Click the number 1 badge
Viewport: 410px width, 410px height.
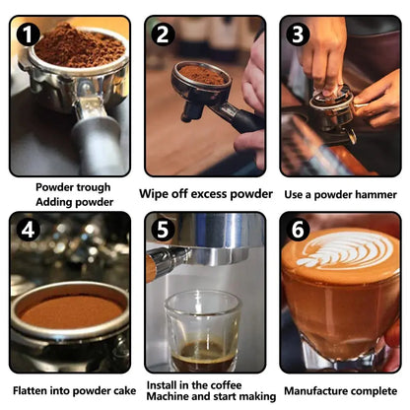[29, 34]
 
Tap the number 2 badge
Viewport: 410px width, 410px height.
[164, 34]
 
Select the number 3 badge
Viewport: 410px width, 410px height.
[298, 34]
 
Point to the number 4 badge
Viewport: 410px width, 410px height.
[29, 230]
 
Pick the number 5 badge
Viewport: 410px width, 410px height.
[164, 230]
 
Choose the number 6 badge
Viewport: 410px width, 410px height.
[298, 230]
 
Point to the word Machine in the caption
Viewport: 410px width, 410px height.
[168, 396]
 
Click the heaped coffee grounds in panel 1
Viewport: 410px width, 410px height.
[80, 46]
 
